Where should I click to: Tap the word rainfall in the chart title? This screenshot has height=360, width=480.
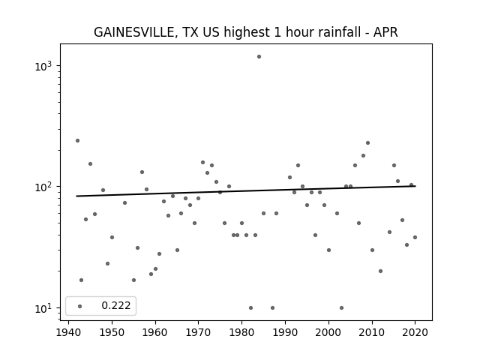click(x=344, y=31)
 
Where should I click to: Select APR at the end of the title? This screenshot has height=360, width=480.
click(x=385, y=32)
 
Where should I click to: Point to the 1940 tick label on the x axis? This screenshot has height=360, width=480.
click(x=68, y=332)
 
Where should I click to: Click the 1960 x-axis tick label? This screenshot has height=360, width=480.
click(x=155, y=332)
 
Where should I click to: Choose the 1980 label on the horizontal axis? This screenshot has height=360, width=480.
click(x=241, y=332)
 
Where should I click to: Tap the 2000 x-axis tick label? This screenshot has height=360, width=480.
click(x=328, y=332)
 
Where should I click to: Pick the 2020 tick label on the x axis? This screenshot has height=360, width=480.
click(x=415, y=332)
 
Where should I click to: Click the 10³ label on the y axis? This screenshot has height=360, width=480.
click(x=43, y=65)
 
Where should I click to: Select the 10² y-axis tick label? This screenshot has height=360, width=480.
click(x=43, y=186)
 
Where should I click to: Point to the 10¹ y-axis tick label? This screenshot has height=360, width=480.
click(x=43, y=307)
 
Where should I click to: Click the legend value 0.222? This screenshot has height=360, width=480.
click(x=116, y=305)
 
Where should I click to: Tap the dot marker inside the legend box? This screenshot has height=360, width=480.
click(x=80, y=306)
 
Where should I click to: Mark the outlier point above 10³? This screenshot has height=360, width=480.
click(x=259, y=57)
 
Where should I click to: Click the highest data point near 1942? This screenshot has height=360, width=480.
click(x=77, y=140)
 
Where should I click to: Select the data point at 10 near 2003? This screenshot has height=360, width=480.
click(x=342, y=307)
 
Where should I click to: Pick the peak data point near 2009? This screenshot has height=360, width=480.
click(x=367, y=143)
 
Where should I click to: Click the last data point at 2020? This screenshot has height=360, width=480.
click(x=415, y=237)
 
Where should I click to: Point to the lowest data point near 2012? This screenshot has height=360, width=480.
click(x=380, y=271)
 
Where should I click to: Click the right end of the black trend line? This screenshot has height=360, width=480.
click(x=415, y=186)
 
